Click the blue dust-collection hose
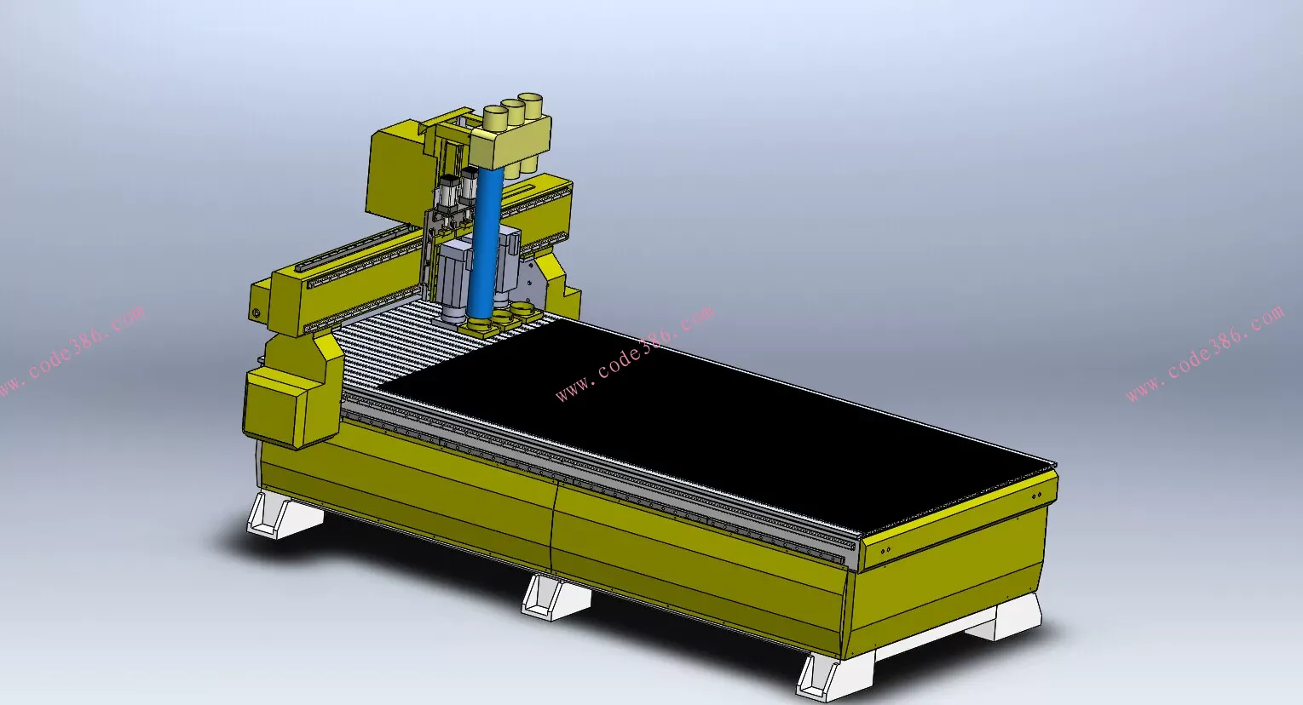pos(487,244)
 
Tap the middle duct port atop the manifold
pos(513,112)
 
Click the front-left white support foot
pos(284,515)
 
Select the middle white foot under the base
pos(556,598)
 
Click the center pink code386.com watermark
pos(634,353)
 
